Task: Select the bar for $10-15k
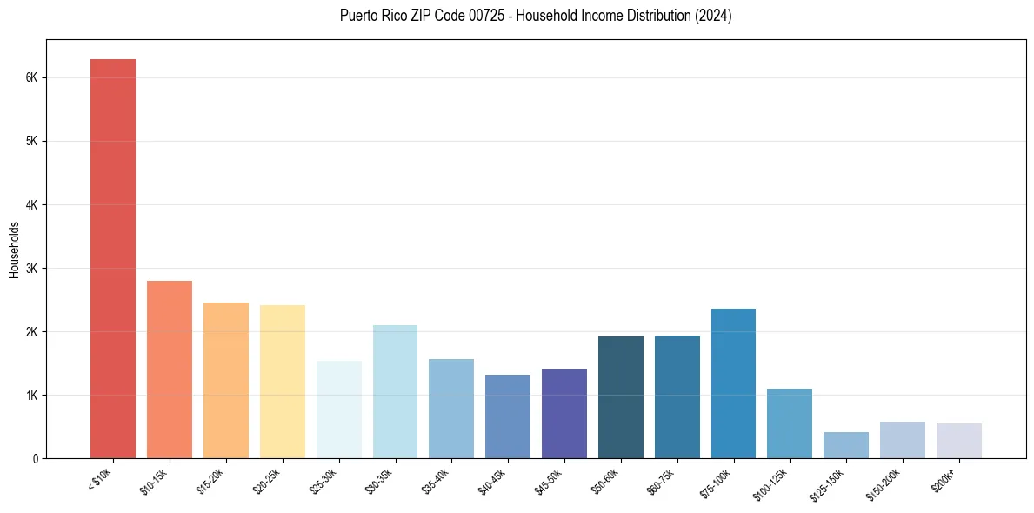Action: [170, 370]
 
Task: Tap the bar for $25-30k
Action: [338, 410]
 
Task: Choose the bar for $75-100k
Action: [733, 383]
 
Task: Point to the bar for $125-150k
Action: [845, 445]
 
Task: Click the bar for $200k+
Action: [958, 441]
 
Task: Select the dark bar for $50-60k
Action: [620, 397]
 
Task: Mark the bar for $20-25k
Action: [282, 382]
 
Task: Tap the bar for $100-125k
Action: [789, 423]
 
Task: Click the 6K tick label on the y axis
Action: [31, 77]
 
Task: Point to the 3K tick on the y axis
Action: [31, 268]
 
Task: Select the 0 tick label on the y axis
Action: [35, 458]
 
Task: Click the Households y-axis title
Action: [14, 250]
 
